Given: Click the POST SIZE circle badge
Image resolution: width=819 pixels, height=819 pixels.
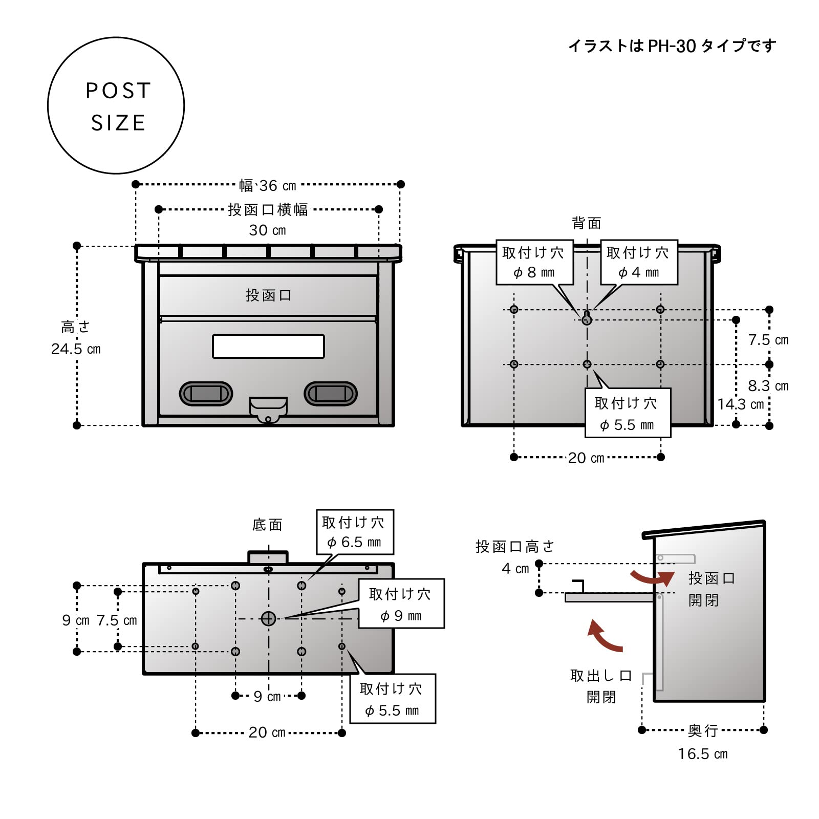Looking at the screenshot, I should tap(116, 105).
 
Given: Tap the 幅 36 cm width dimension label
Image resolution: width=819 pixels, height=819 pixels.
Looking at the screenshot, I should tap(268, 185).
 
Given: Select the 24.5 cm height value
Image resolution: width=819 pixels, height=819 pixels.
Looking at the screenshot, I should tap(76, 349).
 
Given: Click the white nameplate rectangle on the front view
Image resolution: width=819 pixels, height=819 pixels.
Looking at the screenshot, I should tap(268, 346).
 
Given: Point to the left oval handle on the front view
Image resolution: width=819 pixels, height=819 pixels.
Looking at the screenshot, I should tap(206, 394).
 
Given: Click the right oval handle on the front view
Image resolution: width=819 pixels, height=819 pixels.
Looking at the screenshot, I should tap(331, 394).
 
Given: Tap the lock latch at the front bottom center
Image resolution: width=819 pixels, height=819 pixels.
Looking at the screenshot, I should tap(268, 409).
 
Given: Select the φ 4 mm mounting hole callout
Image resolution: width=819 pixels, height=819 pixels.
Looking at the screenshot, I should tap(638, 262).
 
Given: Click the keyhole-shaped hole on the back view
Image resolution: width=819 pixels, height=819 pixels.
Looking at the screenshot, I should tap(587, 318).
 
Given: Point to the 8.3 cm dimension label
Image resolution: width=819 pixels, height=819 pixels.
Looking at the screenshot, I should tap(768, 386).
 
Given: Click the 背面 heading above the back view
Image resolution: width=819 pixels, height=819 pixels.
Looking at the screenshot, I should tap(587, 223).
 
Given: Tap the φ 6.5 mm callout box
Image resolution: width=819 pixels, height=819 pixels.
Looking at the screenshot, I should tap(355, 532).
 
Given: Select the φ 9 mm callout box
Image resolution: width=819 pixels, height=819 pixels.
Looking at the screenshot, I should tap(401, 604).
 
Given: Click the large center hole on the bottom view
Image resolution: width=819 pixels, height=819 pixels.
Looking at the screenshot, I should tap(269, 619).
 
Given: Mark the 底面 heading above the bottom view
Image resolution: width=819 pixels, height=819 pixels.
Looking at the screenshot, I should tap(267, 525).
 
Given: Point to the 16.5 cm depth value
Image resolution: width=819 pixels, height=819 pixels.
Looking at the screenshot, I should tap(702, 754).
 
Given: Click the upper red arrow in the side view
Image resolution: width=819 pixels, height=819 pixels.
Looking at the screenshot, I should tap(653, 578).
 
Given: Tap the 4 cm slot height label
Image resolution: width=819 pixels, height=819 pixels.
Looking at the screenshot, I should tap(515, 569).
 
